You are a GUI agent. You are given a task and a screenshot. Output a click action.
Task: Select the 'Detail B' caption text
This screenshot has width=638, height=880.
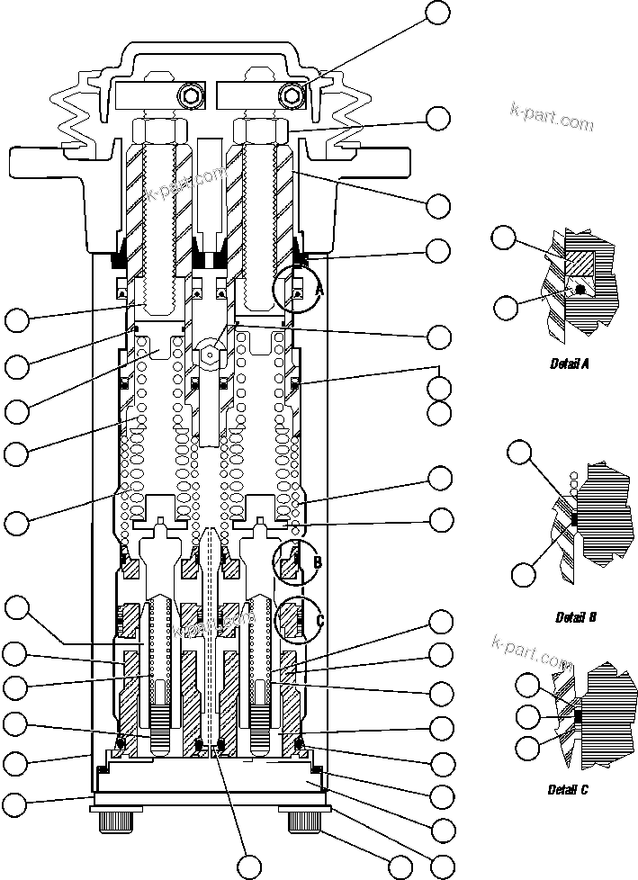pyautogui.click(x=576, y=617)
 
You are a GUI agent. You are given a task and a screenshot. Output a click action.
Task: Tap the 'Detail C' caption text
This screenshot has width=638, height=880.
pyautogui.click(x=568, y=790)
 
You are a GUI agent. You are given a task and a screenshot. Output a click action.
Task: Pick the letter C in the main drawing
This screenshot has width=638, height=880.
pyautogui.click(x=319, y=618)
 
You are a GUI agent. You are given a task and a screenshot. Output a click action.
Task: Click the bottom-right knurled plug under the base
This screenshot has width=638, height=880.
pyautogui.click(x=304, y=822)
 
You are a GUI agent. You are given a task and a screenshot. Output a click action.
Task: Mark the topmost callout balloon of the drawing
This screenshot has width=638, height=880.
pyautogui.click(x=438, y=12)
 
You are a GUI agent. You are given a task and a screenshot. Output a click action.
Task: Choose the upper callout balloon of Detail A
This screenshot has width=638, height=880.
pyautogui.click(x=504, y=238)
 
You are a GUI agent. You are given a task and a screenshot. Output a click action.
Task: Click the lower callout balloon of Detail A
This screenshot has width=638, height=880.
pyautogui.click(x=506, y=308)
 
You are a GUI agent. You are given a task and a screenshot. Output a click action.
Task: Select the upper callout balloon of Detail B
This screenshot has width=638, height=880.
pyautogui.click(x=520, y=452)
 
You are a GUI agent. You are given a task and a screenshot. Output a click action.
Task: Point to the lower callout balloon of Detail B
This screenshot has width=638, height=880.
pyautogui.click(x=524, y=573)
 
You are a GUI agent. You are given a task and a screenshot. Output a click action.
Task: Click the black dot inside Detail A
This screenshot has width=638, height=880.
pyautogui.click(x=581, y=290)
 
